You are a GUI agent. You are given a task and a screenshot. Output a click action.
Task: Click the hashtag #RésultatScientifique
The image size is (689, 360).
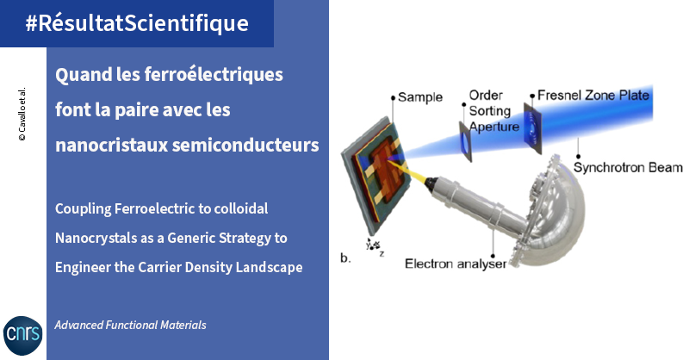pos(137,23)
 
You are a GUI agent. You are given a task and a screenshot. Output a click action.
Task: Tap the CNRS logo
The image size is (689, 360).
pos(23,335)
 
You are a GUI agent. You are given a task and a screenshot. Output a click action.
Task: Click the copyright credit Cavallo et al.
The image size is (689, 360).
pos(22,114)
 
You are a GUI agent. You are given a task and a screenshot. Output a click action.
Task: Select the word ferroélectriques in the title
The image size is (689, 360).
pos(213,75)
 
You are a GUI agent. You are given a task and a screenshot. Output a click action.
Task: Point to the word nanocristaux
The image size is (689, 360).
pos(112,145)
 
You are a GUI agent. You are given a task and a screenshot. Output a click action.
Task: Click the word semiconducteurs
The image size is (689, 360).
pos(245,145)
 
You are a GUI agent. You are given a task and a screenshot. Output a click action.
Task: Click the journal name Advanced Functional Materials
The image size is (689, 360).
pos(131,325)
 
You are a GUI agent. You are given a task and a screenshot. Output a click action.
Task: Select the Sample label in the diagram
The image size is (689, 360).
pos(420,97)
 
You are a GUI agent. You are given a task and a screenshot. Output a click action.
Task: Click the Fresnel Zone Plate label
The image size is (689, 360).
pos(593,95)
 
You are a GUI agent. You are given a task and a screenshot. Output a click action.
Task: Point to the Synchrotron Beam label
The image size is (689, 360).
pos(628,167)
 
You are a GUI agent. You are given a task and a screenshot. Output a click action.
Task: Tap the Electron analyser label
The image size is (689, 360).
pos(456,264)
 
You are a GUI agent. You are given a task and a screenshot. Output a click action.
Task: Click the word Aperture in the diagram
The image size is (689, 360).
pos(494,127)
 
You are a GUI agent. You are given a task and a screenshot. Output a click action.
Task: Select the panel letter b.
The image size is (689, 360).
pos(345,258)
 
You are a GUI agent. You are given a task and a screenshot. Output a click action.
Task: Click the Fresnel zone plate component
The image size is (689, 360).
pos(532,128)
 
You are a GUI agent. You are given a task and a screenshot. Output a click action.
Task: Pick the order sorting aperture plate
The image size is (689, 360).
pos(465,141)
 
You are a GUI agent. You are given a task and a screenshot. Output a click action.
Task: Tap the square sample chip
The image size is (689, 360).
pos(376,174)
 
